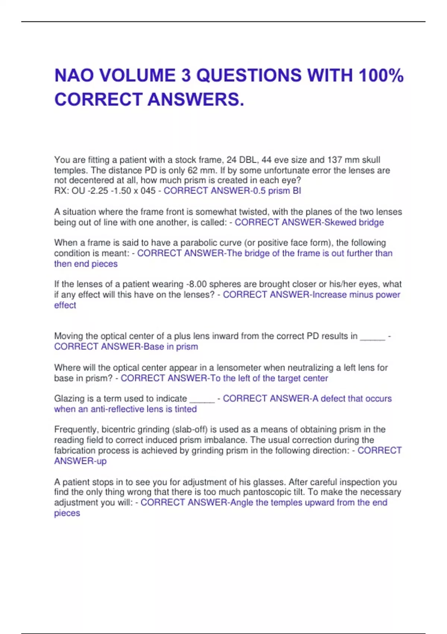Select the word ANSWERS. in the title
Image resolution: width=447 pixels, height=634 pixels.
point(196,100)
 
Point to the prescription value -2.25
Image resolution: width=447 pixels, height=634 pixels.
point(98,191)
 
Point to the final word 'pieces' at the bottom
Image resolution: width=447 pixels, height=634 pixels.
point(67,513)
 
